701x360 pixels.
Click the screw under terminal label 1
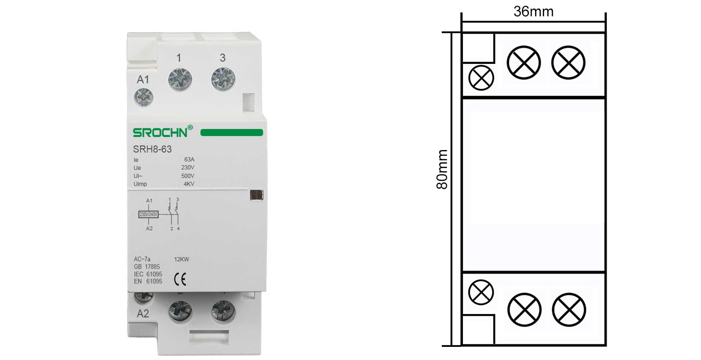(180, 79)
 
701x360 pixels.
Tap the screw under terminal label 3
(223, 79)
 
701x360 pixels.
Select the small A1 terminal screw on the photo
(143, 97)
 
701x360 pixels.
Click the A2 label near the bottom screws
(143, 314)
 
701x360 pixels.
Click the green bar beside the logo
(231, 133)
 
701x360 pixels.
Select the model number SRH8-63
(152, 149)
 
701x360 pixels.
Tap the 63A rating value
(189, 160)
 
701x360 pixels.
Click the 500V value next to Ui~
(188, 176)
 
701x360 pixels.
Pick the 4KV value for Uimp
(189, 184)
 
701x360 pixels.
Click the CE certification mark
(180, 279)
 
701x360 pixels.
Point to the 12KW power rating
(181, 260)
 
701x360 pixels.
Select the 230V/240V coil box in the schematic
(148, 214)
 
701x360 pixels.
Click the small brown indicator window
(257, 195)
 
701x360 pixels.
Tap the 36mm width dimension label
(533, 12)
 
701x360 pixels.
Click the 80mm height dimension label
(442, 169)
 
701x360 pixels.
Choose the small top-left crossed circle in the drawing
(481, 78)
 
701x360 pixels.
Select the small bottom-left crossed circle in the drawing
(481, 292)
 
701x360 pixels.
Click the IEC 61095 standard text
(148, 274)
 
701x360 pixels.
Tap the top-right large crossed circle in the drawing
(568, 62)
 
